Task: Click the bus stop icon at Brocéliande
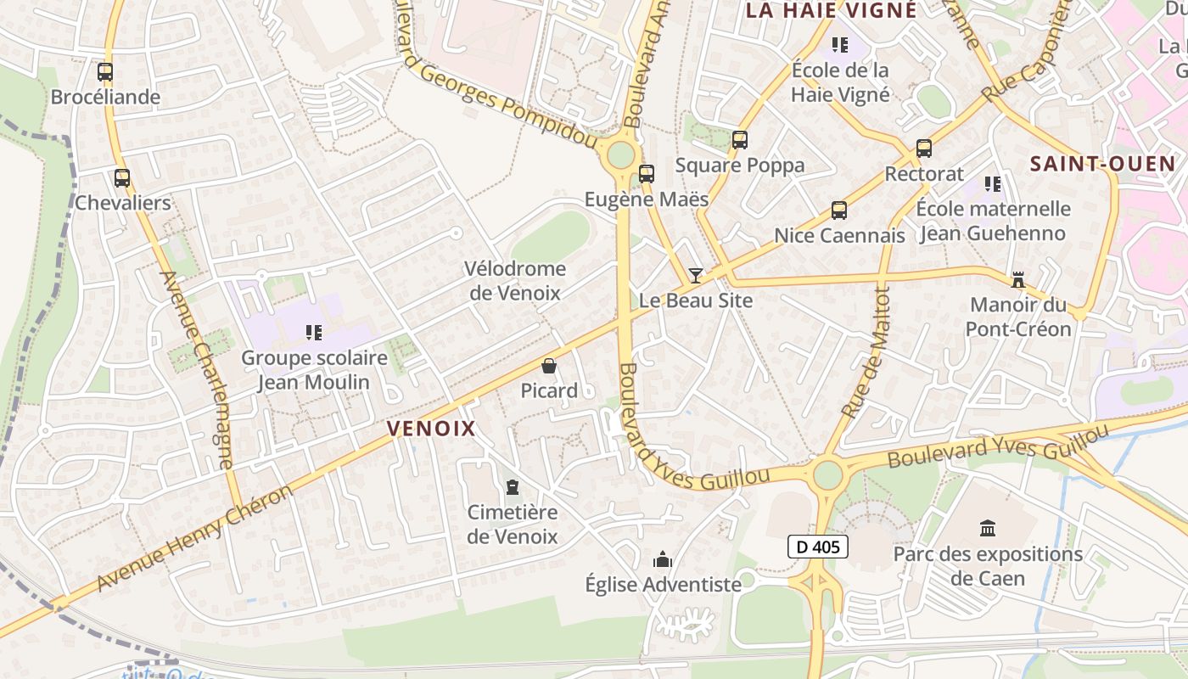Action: pyautogui.click(x=105, y=72)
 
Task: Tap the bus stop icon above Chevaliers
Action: pyautogui.click(x=122, y=178)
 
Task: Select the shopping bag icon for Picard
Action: pyautogui.click(x=549, y=366)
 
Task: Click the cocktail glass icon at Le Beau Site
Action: pyautogui.click(x=696, y=275)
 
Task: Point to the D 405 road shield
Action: pyautogui.click(x=818, y=547)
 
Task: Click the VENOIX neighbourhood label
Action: pyautogui.click(x=431, y=429)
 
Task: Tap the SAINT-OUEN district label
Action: pyautogui.click(x=1102, y=164)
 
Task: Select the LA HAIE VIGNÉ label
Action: pyautogui.click(x=831, y=10)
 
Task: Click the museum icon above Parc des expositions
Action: pyautogui.click(x=988, y=529)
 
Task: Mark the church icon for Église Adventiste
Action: pyautogui.click(x=663, y=559)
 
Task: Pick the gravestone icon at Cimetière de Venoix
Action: pyautogui.click(x=512, y=487)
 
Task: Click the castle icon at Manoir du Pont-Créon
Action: pyautogui.click(x=1017, y=279)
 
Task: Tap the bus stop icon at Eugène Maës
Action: pyautogui.click(x=647, y=174)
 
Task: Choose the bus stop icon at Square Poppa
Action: pyautogui.click(x=740, y=140)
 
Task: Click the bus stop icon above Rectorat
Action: pyautogui.click(x=924, y=149)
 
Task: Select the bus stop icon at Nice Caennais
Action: pyautogui.click(x=839, y=210)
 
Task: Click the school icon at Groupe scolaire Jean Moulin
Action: pyautogui.click(x=314, y=333)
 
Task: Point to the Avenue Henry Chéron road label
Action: pyautogui.click(x=194, y=538)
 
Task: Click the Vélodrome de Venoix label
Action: pyautogui.click(x=515, y=281)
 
